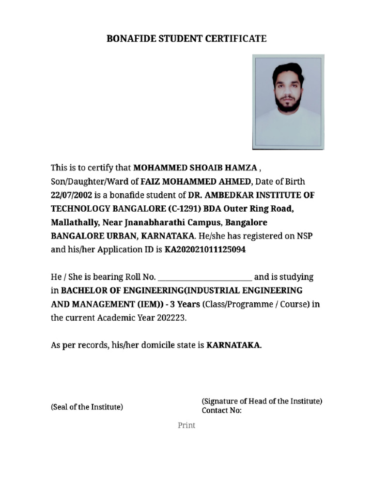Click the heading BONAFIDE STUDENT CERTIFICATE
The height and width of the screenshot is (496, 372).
pyautogui.click(x=186, y=39)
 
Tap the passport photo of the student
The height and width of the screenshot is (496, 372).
pyautogui.click(x=288, y=102)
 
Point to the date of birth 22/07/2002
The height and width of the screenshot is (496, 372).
pyautogui.click(x=72, y=195)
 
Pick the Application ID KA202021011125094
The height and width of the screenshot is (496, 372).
pyautogui.click(x=205, y=250)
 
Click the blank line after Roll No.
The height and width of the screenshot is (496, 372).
pyautogui.click(x=205, y=278)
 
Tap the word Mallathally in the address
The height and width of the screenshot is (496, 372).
pyautogui.click(x=74, y=223)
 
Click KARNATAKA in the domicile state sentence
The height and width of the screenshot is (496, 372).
pyautogui.click(x=234, y=345)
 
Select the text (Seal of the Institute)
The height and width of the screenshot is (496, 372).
pyautogui.click(x=87, y=407)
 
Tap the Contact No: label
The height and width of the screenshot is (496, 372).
pyautogui.click(x=221, y=411)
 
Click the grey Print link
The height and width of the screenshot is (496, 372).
pyautogui.click(x=186, y=425)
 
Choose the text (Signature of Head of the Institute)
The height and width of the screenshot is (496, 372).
pyautogui.click(x=262, y=401)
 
